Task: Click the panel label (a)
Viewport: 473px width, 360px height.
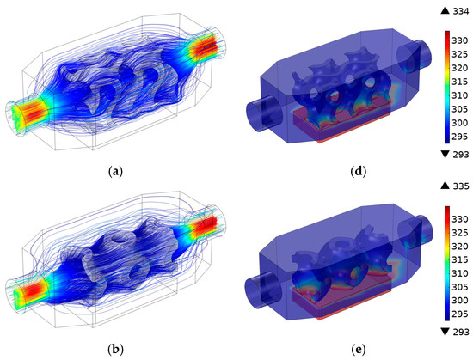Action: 115,172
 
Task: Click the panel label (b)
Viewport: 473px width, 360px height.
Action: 115,350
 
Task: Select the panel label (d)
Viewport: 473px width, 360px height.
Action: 359,172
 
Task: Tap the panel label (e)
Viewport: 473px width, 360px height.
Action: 359,350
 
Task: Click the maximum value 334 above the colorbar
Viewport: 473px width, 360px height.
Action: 461,11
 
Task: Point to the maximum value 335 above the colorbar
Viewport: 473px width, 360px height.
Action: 461,186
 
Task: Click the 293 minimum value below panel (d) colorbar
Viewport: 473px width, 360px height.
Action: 461,155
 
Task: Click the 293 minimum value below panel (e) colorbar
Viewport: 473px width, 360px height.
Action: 461,332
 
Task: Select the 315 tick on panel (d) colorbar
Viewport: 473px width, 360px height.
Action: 460,82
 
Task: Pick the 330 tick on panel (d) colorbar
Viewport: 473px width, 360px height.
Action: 460,40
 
